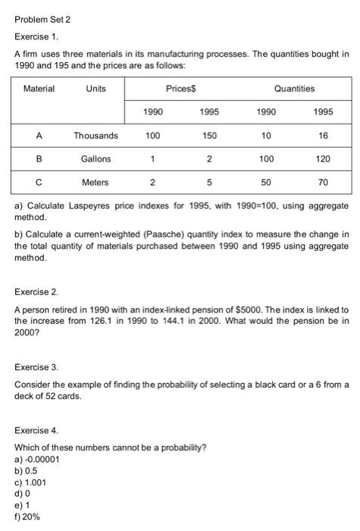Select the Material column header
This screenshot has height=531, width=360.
(39, 89)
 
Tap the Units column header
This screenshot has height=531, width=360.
(95, 89)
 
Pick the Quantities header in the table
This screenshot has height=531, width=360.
(294, 89)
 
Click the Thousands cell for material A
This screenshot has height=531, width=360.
(95, 136)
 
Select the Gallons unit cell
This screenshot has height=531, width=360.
(95, 159)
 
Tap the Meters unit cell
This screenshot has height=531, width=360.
(95, 182)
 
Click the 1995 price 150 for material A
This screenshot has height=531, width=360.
(210, 136)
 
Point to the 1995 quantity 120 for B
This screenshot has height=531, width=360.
(324, 159)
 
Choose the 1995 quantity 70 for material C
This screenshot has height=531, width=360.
(324, 182)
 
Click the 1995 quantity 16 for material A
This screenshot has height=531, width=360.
(324, 136)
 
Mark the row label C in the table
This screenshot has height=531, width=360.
(39, 182)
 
